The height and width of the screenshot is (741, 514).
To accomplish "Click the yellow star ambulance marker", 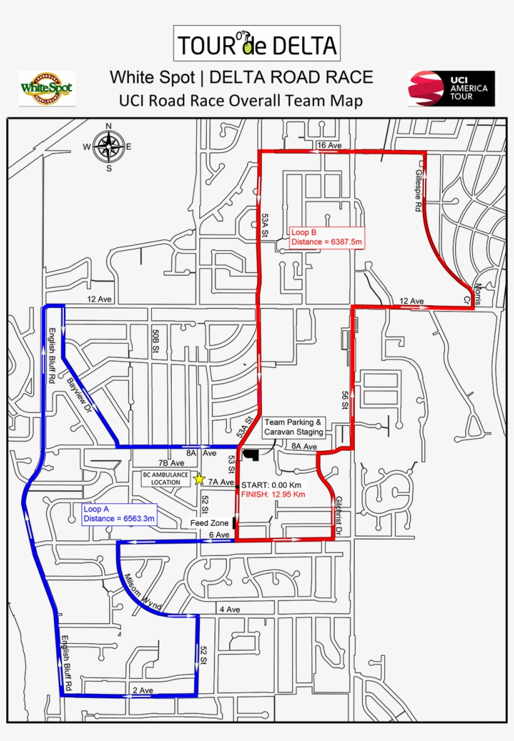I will click(199, 479).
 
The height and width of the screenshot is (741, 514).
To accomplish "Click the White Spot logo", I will click(46, 88).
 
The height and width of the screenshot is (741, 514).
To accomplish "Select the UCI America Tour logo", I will click(451, 88).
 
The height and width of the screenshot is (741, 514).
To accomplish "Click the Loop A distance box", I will click(119, 514).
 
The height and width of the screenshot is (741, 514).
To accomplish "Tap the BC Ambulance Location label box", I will click(165, 479).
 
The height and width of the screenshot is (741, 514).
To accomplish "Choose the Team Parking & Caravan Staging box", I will click(293, 427).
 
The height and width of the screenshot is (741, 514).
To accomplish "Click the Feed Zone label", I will click(210, 523).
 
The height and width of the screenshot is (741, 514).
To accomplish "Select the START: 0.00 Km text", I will click(271, 485).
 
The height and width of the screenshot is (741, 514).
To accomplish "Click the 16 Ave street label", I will click(329, 145).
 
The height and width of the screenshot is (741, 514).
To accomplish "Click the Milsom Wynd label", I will click(143, 592).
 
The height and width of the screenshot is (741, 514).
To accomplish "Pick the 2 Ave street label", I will click(142, 690).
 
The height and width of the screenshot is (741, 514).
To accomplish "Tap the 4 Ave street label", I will click(229, 609).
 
